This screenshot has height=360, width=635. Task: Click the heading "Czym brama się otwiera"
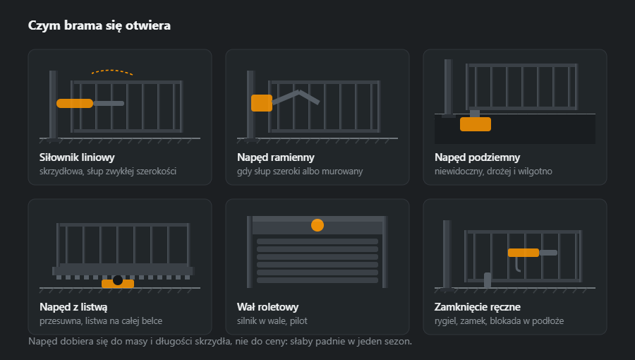tap(99, 25)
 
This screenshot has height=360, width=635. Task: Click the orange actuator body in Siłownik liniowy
tap(75, 103)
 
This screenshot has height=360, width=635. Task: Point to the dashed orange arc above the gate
tap(112, 72)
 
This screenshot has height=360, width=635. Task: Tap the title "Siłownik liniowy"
tap(77, 157)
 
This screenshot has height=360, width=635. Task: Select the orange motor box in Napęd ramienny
tap(262, 103)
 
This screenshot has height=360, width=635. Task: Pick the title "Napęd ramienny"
tap(276, 157)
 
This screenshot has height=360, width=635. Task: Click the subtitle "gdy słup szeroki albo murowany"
tap(300, 172)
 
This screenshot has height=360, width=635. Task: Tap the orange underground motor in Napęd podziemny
tap(476, 124)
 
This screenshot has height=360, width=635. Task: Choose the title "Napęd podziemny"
tap(477, 157)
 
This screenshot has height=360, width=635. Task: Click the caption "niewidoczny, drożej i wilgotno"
tap(493, 172)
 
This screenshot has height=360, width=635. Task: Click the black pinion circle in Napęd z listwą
tap(118, 280)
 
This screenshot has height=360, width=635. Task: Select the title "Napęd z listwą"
tap(73, 307)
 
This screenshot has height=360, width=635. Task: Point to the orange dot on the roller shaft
tap(317, 225)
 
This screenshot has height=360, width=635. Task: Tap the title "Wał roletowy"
tap(267, 307)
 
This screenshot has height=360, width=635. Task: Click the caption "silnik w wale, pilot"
tap(272, 320)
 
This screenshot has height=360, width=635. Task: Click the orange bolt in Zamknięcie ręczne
tap(524, 253)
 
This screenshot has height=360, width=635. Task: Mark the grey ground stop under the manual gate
tap(488, 280)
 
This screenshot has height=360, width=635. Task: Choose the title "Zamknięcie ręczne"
tap(478, 307)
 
